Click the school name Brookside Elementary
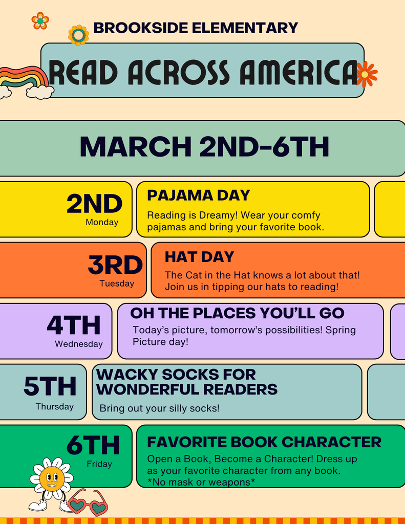coord(196,28)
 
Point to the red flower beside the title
coord(366,74)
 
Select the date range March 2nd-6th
coord(204,147)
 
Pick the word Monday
coord(102,223)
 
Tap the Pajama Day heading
coord(198,195)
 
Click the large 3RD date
coord(115,266)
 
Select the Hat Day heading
coord(199,257)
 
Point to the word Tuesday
coord(117,283)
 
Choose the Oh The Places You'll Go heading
coord(237,313)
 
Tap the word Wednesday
coord(79,344)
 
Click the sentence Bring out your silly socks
coord(159,408)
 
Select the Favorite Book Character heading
coord(264,442)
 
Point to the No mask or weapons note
coord(201,482)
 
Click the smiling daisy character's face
coord(52,478)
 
